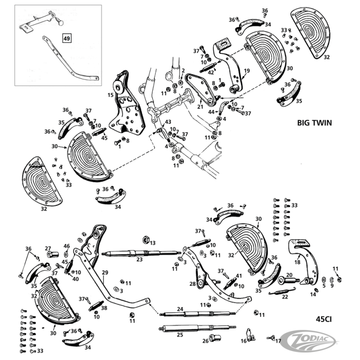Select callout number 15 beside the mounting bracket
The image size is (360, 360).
coord(110,95)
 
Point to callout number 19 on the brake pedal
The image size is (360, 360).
coord(247,71)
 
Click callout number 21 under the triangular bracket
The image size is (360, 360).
coord(200,107)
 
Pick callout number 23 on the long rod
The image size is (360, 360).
coord(139,259)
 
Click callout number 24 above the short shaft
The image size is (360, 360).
coord(180,309)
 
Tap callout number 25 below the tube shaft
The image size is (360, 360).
coord(180,334)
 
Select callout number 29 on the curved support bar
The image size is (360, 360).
coord(105,272)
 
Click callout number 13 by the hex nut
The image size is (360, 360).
coord(153,243)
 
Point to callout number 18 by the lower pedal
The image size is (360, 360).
coord(297,262)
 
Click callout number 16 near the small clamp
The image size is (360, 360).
coord(243,342)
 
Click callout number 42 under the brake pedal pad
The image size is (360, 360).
coord(211,72)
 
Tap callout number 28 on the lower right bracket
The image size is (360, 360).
coord(192,284)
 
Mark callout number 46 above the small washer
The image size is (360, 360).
coord(67,246)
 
